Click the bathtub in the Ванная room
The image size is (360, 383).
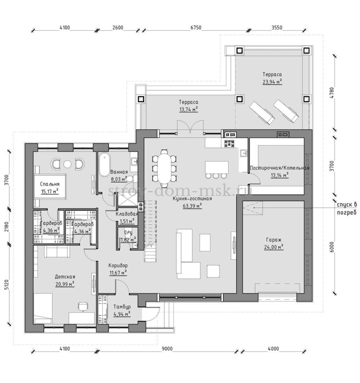(104, 165)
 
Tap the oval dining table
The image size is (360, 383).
(164, 169)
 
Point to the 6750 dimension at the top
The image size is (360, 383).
(196, 28)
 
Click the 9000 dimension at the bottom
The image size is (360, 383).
(167, 349)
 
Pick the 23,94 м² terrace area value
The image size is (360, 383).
(272, 82)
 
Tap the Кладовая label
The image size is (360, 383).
(127, 214)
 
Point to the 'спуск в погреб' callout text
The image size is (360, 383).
(347, 208)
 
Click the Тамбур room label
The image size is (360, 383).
(122, 307)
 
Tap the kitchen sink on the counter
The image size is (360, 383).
(244, 153)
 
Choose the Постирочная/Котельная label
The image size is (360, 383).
(280, 168)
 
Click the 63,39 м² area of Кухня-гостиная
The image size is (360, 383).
(192, 206)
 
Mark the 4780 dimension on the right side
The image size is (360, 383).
(332, 93)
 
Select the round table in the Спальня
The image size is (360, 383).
(67, 165)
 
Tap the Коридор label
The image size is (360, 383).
(118, 265)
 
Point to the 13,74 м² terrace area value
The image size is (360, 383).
(188, 110)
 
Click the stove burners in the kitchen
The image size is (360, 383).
(229, 144)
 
